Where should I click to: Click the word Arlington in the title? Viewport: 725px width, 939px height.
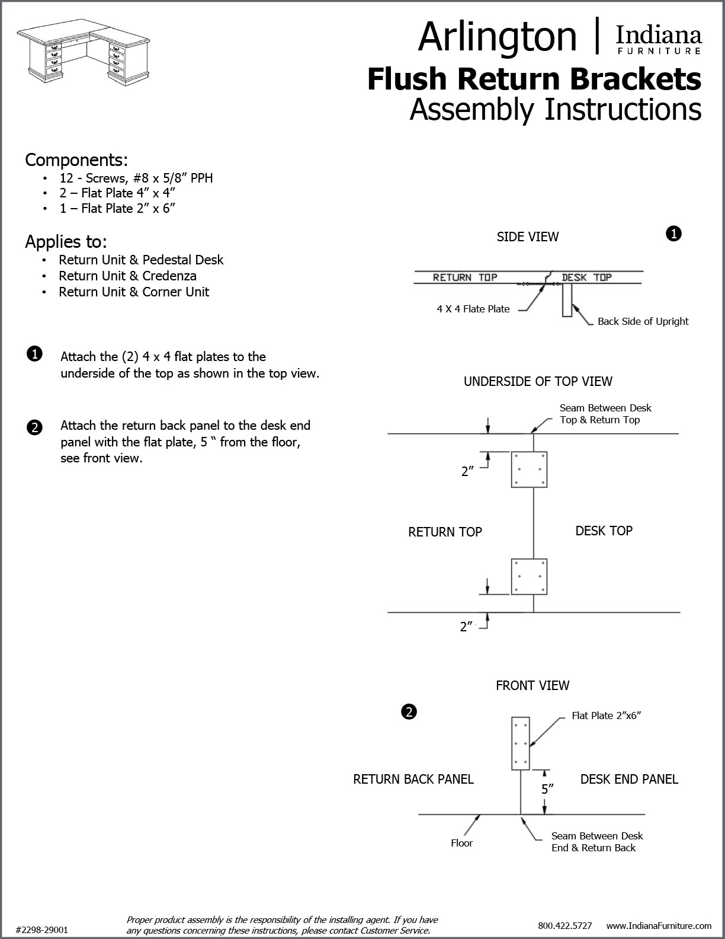[x=497, y=36]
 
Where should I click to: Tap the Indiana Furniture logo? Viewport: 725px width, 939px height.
[x=659, y=40]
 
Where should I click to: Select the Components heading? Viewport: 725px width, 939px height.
[x=76, y=160]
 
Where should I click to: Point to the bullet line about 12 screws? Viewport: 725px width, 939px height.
[x=136, y=178]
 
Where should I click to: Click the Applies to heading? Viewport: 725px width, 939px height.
[x=66, y=242]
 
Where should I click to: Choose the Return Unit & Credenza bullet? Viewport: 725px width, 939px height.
[x=127, y=276]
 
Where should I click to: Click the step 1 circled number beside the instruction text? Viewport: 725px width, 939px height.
[x=34, y=354]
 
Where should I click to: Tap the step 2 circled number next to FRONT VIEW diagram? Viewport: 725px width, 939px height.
[x=408, y=711]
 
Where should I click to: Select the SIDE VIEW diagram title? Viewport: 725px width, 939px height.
[x=527, y=237]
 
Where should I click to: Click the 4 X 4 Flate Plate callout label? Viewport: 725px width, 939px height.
[x=473, y=309]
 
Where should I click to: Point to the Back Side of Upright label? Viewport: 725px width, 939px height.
[x=643, y=321]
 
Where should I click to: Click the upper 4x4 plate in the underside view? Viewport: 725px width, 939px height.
[x=529, y=469]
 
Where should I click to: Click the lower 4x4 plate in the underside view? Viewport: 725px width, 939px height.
[x=529, y=576]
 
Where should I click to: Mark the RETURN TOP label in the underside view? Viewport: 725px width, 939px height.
[x=445, y=532]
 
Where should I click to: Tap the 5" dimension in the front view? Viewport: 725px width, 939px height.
[x=547, y=789]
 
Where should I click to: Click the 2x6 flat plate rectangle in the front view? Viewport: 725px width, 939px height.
[x=520, y=743]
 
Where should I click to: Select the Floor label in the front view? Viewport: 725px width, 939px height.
[x=461, y=843]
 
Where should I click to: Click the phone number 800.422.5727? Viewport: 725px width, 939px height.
[x=564, y=925]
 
